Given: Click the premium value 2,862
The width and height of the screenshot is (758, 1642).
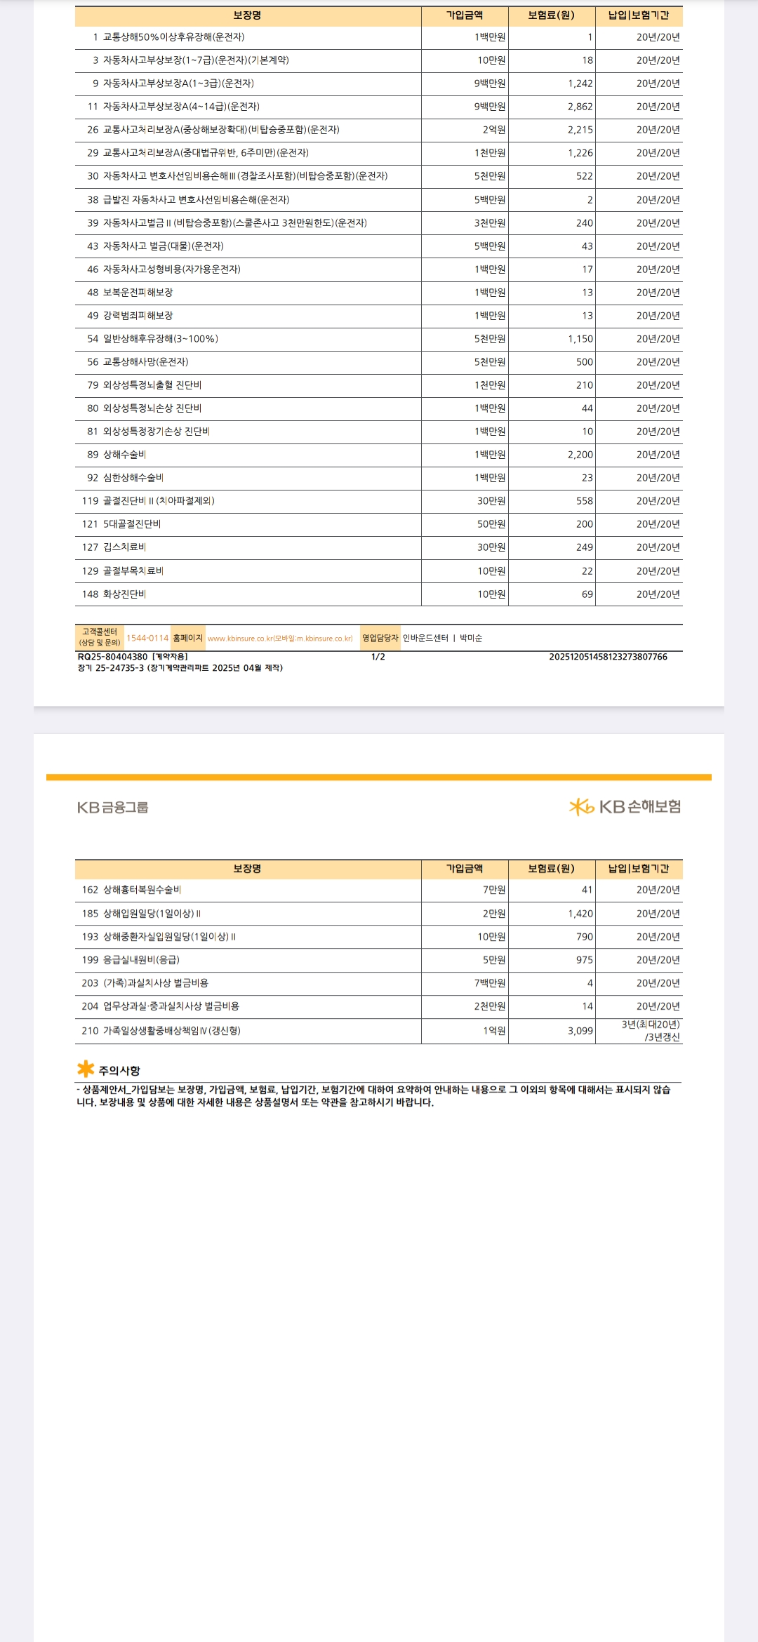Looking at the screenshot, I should [580, 107].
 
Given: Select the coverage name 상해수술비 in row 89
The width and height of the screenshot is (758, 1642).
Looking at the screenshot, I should [125, 455].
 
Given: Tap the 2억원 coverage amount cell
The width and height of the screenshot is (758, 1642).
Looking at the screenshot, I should [493, 130].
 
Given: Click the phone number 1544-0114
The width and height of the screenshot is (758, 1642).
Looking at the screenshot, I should [147, 638].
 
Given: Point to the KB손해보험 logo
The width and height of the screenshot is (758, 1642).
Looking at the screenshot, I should [625, 807].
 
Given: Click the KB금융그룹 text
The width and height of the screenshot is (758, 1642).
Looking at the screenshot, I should [113, 808].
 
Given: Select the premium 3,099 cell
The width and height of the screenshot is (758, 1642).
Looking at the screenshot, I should [580, 1031].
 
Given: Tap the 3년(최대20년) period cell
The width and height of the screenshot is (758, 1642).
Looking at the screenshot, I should [650, 1024].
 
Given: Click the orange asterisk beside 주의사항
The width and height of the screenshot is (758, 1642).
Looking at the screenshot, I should [86, 1069].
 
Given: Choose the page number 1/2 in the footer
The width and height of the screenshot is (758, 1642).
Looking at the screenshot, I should [378, 657].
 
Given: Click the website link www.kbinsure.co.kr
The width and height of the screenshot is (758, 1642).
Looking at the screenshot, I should [280, 639].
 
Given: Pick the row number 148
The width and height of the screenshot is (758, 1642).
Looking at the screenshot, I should [90, 594].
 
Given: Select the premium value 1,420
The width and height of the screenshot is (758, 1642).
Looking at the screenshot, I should [580, 914].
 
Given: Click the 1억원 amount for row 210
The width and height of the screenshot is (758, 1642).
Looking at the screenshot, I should [493, 1031].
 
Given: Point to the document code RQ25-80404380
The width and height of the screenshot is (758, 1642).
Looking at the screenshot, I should [112, 657].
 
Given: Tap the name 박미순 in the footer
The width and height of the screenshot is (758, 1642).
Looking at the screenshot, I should [471, 638].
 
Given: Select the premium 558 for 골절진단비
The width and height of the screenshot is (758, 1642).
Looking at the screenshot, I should [584, 501].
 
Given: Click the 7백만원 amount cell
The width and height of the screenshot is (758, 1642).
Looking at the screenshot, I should [489, 983].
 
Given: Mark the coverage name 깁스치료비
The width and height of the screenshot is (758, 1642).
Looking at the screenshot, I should [125, 547].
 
